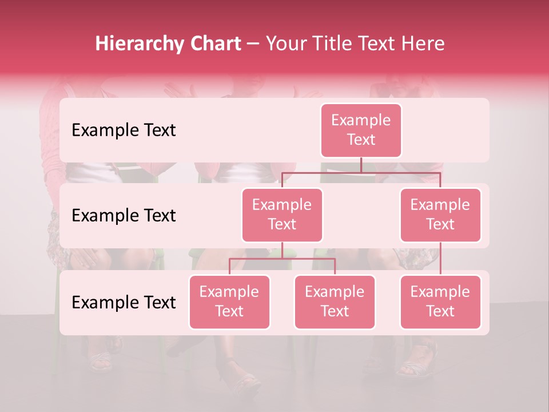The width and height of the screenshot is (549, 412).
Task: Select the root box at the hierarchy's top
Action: [x=361, y=130]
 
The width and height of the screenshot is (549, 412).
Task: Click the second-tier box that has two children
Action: [x=282, y=215]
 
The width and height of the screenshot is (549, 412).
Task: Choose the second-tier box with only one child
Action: [x=440, y=215]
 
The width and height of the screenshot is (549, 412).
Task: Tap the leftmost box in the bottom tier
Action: [x=229, y=302]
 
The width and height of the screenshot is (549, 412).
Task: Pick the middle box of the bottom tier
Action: [x=335, y=302]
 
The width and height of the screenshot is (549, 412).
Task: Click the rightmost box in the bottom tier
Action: [x=440, y=302]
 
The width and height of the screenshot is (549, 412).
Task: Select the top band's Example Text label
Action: [x=124, y=130]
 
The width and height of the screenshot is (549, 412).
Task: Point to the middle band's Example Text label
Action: [x=124, y=216]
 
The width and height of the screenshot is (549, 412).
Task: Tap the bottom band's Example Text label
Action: [x=124, y=303]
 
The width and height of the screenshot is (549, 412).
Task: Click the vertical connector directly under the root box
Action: [x=361, y=165]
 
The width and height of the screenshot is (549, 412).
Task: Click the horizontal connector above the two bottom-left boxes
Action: [x=282, y=259]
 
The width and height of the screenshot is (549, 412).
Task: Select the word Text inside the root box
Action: [x=361, y=140]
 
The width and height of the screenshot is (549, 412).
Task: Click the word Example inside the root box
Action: [x=361, y=121]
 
